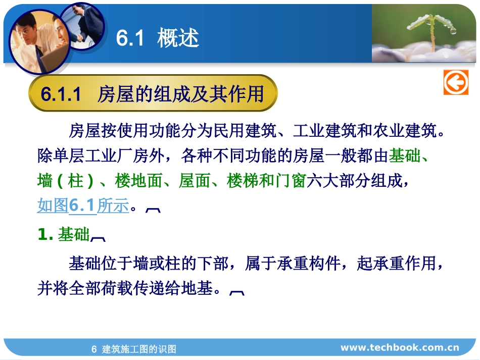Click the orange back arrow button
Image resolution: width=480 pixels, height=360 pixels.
[456, 82]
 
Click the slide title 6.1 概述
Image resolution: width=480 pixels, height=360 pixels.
[157, 38]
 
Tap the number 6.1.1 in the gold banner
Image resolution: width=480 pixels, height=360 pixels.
[61, 94]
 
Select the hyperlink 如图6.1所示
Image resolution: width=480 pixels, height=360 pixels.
[83, 205]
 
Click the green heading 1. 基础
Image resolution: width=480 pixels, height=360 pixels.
[64, 234]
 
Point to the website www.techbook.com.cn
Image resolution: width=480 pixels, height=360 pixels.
[400, 347]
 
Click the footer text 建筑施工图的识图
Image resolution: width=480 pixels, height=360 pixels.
[139, 349]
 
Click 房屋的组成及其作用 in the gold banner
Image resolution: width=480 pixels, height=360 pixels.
[180, 94]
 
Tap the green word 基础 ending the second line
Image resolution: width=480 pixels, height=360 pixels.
[404, 156]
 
